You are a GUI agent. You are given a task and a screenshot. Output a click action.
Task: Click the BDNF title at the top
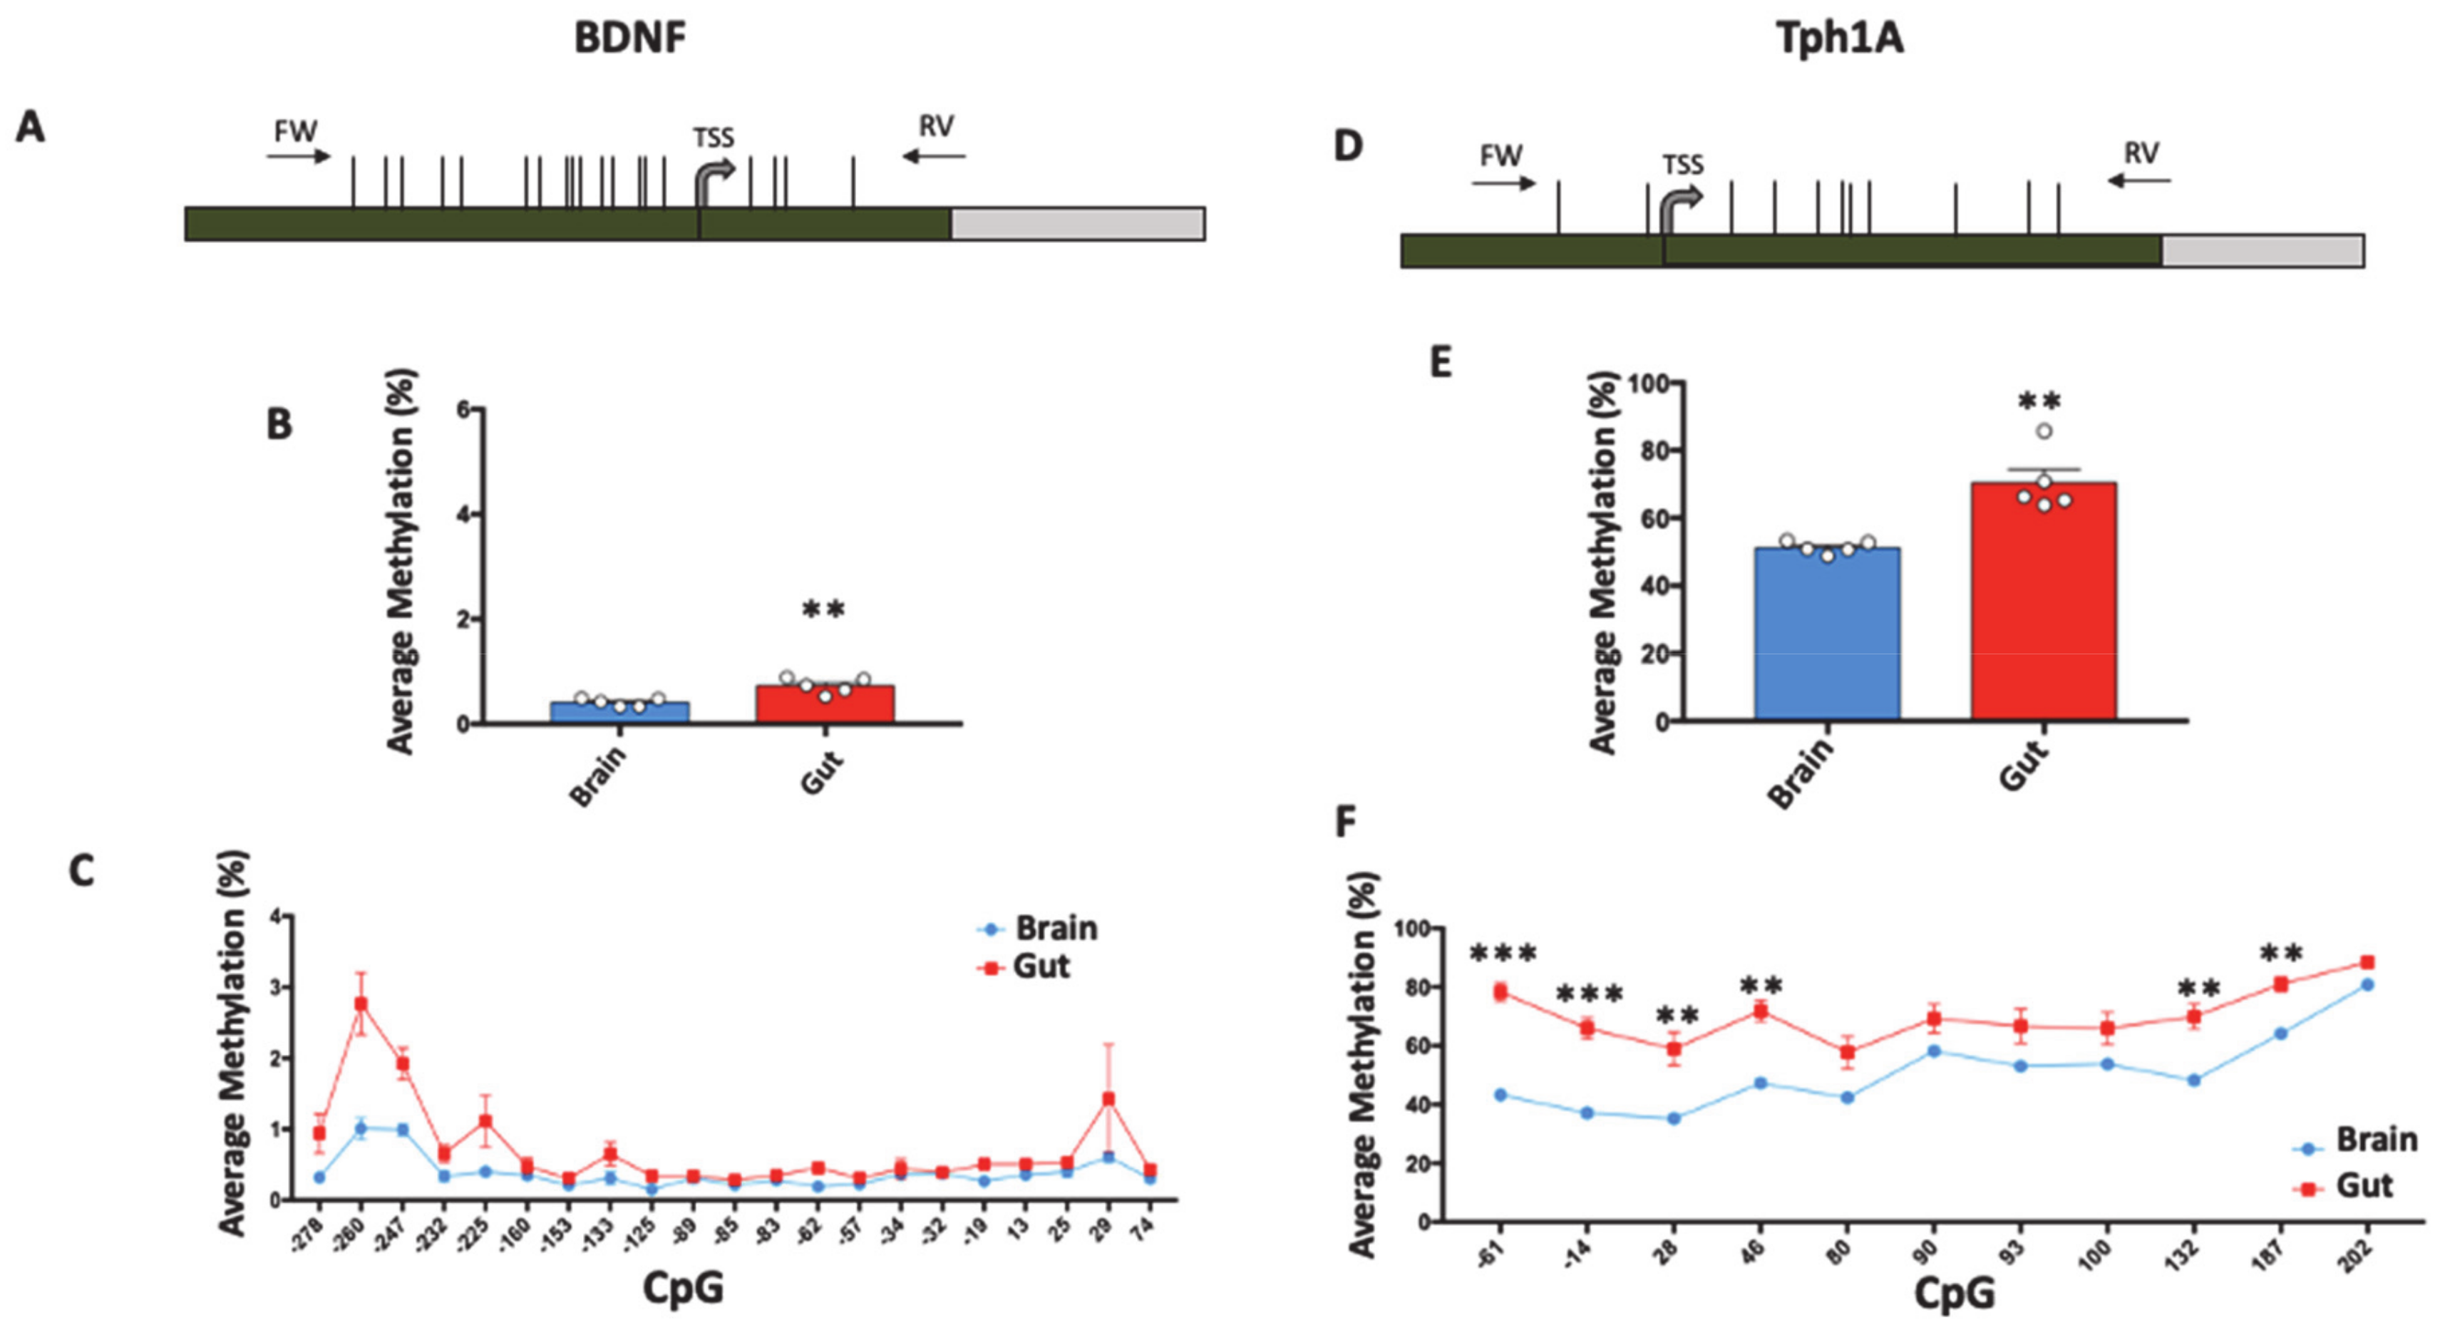(x=630, y=38)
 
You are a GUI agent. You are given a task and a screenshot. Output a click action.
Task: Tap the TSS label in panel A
(x=714, y=138)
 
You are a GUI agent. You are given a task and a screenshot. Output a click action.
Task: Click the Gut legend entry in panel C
(x=1028, y=967)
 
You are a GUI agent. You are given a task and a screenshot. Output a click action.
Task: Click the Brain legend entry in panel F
(x=2354, y=1140)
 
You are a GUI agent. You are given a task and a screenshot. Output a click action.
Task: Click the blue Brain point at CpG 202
(x=2367, y=984)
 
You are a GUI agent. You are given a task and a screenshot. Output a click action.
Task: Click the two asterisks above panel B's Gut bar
(x=823, y=610)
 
